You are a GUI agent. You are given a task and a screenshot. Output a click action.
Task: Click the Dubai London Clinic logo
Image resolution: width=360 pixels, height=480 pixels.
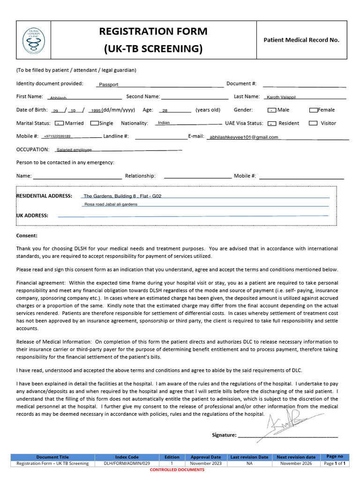coord(35,40)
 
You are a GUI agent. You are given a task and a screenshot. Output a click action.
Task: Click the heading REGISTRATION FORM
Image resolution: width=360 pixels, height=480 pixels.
coord(153,31)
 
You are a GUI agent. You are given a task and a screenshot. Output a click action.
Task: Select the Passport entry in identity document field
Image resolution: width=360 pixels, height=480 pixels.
coord(108,85)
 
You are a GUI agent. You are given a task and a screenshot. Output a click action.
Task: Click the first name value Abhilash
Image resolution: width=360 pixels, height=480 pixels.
coord(58,98)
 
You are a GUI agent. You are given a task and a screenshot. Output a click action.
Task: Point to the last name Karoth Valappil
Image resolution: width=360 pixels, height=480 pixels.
coord(281,97)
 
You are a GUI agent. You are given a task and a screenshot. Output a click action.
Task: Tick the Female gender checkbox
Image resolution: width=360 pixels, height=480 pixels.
coord(314,110)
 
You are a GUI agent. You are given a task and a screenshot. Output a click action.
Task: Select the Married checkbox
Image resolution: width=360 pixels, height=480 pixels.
coord(59,123)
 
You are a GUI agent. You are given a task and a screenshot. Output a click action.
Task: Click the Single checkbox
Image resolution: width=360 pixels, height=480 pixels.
coord(94,123)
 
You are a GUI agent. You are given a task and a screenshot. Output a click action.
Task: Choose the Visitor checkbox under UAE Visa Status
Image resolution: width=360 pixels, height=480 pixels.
coord(313,123)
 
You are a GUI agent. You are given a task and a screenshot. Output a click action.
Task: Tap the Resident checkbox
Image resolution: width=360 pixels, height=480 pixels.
coord(272,123)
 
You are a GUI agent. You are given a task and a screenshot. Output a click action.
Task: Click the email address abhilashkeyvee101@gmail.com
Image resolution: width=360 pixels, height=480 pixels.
coord(244,137)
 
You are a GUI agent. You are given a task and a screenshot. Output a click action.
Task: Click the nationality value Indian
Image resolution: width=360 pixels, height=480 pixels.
coord(164,123)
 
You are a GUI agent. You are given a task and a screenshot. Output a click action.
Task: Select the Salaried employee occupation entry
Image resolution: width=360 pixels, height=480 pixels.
coord(74,150)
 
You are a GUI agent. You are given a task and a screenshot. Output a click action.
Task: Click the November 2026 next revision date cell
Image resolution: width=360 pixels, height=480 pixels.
coord(296,463)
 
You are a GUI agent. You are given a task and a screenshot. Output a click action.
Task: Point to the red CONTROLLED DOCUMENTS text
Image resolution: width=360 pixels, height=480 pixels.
coord(177,470)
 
